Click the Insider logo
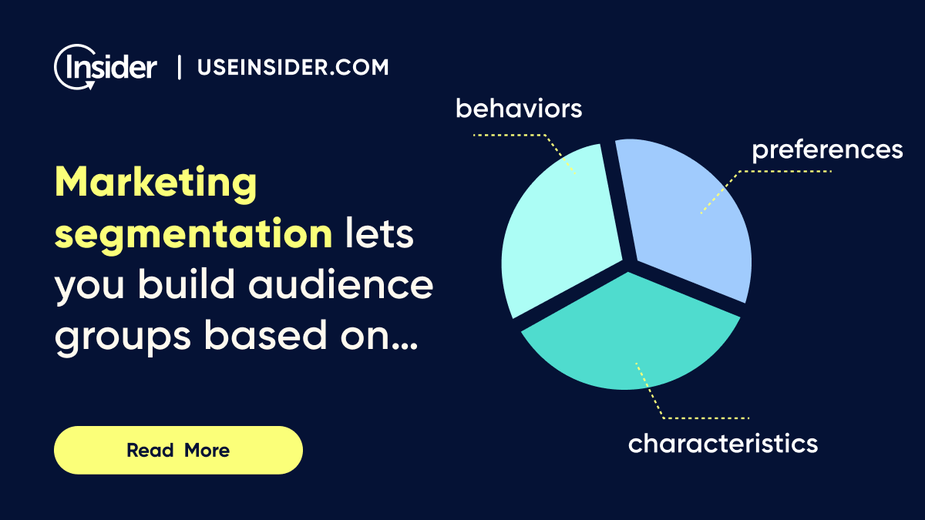point(106,68)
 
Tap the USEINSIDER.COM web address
point(293,68)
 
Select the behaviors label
point(519,109)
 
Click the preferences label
point(827,149)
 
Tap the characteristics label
point(722,444)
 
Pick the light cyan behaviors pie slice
point(559,231)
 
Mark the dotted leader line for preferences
point(779,171)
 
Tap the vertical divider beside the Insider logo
point(180,68)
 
